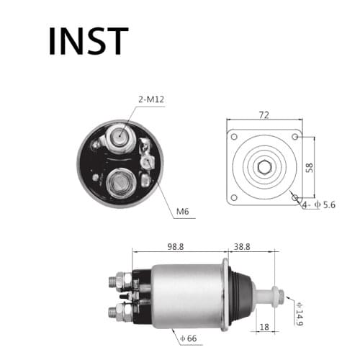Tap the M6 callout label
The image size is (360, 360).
pos(182,211)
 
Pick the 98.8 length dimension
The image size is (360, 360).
pos(175,246)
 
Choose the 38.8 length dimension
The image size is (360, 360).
pos(241,246)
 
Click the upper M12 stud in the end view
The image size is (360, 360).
pos(119,135)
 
